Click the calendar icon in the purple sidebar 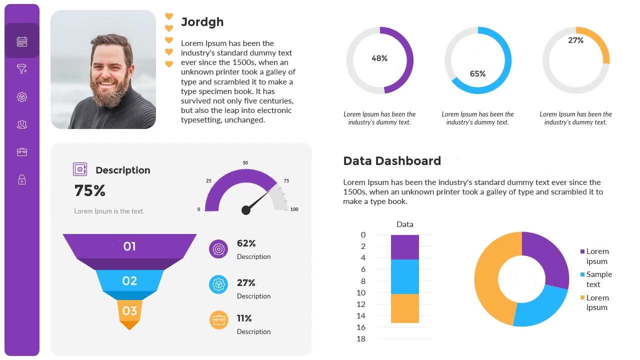pos(22,42)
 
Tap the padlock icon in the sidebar pos(22,179)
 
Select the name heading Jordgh pos(202,22)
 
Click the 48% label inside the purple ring pos(379,58)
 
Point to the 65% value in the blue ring pos(477,74)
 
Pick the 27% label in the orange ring pos(575,40)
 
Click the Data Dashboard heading pos(392,161)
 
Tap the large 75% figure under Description pos(90,190)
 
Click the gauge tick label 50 pos(245,163)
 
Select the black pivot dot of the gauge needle pos(245,210)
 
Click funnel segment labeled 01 pos(129,246)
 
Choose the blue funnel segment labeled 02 pos(129,281)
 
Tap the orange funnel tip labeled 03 pos(129,311)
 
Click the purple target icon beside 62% pos(218,249)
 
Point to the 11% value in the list pos(244,318)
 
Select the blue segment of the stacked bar pos(404,276)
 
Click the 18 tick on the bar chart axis pos(361,339)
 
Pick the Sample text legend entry pos(598,279)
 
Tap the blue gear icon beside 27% pos(218,284)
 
